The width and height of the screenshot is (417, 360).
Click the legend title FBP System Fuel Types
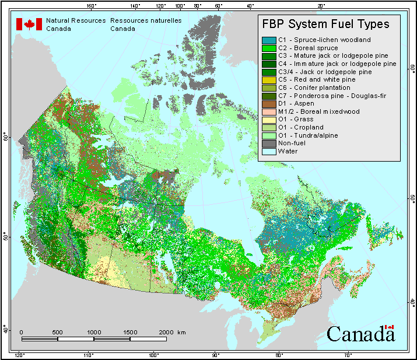click(325, 25)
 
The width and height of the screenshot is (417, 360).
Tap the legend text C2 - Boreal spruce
click(308, 48)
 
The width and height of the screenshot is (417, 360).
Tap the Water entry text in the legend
click(288, 151)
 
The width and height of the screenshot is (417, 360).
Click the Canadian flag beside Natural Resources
click(29, 24)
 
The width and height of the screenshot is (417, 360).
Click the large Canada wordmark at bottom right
click(360, 334)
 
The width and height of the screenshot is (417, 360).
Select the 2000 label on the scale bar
click(166, 332)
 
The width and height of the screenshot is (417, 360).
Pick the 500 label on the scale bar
click(57, 332)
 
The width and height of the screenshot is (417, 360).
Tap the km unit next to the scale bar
click(182, 332)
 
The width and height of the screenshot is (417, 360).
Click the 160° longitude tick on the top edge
click(91, 5)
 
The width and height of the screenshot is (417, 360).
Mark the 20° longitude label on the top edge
click(321, 5)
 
